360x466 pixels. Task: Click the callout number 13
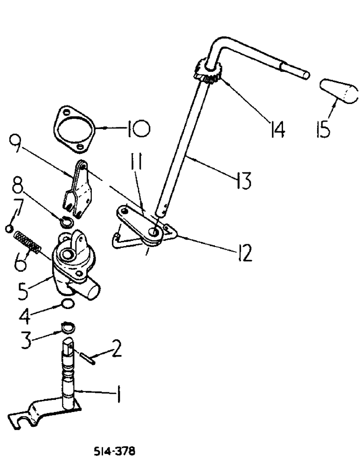click(243, 179)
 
